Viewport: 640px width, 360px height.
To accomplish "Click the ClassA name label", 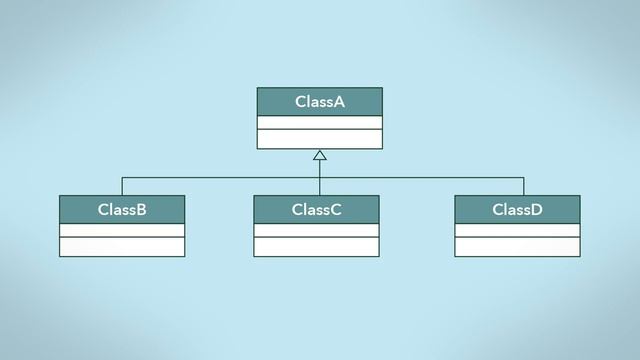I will [320, 102].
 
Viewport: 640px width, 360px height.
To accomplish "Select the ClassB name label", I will [122, 210].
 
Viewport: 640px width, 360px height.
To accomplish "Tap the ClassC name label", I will [316, 210].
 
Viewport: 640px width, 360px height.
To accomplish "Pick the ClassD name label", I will [517, 210].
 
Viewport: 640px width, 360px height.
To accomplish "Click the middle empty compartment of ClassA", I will [320, 123].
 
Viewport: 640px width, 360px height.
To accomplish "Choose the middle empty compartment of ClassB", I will [122, 230].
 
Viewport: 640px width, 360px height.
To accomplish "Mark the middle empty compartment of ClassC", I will [316, 230].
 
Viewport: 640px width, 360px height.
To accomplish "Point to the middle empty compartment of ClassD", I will [517, 230].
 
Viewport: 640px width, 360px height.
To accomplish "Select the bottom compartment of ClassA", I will [320, 139].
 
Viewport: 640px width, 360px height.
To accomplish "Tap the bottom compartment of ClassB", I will [122, 247].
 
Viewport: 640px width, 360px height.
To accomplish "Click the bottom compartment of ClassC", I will [316, 247].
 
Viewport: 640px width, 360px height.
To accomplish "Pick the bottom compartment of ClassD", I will [517, 247].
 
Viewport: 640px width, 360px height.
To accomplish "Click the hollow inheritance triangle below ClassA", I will [320, 155].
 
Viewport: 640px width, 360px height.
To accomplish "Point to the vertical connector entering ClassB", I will [122, 187].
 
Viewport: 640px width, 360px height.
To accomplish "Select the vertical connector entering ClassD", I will [523, 187].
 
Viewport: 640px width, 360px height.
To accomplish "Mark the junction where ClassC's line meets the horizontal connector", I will [320, 178].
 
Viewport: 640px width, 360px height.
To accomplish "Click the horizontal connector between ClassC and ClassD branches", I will [420, 178].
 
